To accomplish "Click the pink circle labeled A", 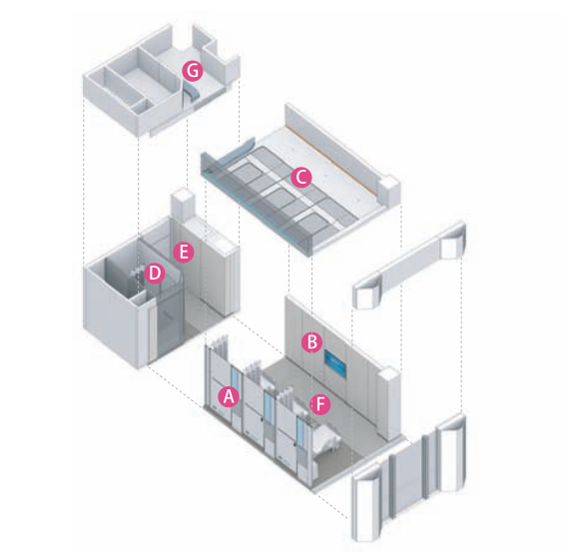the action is pos(229,396).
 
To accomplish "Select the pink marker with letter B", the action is pos(312,342).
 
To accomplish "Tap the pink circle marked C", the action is pos(301,178).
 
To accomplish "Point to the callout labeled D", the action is pos(154,274).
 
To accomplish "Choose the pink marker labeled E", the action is pos(184,253).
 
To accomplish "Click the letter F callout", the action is pos(320,404).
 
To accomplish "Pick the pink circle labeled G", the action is pos(193,71).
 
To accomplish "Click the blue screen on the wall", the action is pos(335,362).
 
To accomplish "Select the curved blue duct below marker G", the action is pos(191,92).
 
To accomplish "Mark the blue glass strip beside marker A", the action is pos(235,383).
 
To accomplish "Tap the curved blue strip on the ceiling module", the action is pos(241,148).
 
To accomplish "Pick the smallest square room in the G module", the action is pos(140,106).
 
